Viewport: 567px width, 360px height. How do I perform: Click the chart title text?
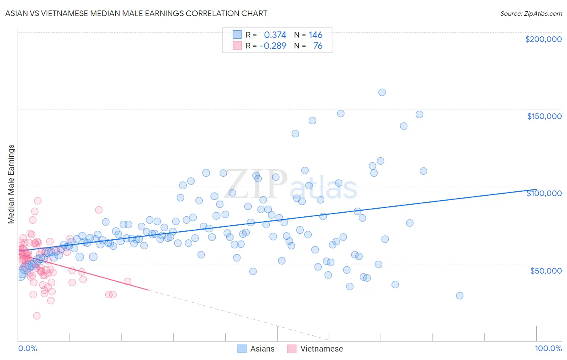tap(136, 13)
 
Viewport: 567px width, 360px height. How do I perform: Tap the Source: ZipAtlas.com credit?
tap(531, 13)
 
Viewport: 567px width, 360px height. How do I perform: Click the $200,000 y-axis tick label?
tap(543, 39)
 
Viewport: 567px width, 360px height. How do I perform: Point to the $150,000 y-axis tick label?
tap(544, 116)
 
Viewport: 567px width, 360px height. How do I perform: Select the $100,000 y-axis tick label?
tap(544, 193)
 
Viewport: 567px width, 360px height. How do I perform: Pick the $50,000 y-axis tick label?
tap(546, 270)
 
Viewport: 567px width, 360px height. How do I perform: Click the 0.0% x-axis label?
tap(27, 348)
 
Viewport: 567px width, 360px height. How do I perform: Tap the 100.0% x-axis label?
tap(548, 348)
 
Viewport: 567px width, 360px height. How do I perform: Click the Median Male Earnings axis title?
tap(11, 184)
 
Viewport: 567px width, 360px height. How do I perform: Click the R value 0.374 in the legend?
tap(275, 35)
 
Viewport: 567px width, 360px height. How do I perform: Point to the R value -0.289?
tap(273, 46)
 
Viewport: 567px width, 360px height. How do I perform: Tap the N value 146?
tap(316, 35)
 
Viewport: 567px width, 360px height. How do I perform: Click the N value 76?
tap(318, 46)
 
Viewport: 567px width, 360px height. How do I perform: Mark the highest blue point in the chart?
tap(382, 92)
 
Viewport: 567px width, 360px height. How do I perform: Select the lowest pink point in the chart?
tap(37, 316)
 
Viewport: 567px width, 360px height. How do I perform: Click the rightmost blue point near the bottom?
tap(459, 295)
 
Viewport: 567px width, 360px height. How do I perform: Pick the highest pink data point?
tap(38, 201)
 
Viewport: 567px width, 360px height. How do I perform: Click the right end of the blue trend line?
tap(536, 189)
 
